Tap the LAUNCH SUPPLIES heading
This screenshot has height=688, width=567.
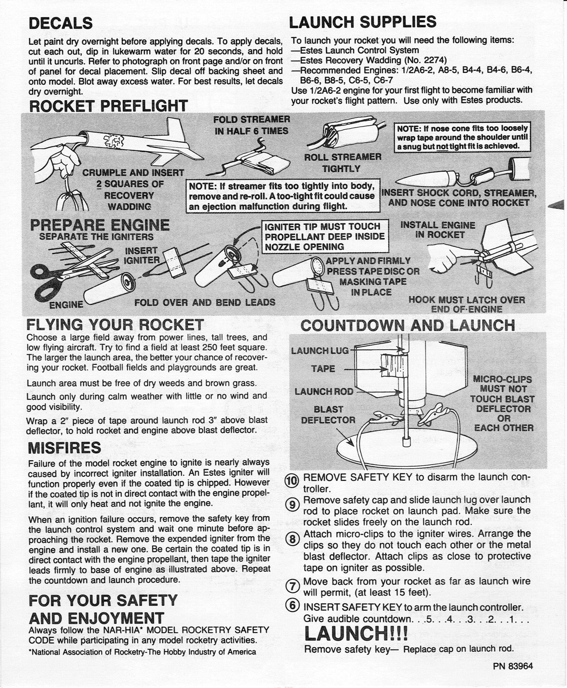pos(362,22)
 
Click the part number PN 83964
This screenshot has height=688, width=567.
pos(513,666)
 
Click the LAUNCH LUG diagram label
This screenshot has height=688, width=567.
pos(320,351)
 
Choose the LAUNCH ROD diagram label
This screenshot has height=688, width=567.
pos(324,391)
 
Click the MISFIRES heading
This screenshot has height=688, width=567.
pos(65,448)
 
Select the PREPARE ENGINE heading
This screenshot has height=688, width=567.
pos(100,225)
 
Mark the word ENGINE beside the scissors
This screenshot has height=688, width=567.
pos(66,305)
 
